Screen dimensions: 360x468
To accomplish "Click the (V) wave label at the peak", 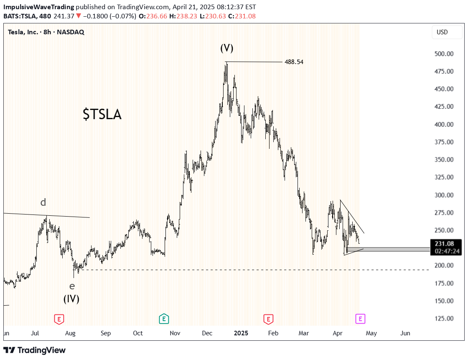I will [227, 48].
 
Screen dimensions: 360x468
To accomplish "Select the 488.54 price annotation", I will [294, 62].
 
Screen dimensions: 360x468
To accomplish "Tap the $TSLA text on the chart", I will [102, 114].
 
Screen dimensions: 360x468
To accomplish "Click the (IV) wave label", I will [71, 299].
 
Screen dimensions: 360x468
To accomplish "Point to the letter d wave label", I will [43, 203].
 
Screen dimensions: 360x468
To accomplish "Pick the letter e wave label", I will [72, 286].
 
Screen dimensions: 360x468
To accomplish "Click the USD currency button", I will [442, 32].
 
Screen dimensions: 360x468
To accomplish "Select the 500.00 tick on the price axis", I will [444, 54].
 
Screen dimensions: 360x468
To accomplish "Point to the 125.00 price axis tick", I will [444, 319].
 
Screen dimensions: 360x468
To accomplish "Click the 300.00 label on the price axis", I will [444, 195].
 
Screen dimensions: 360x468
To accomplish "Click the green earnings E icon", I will [164, 319].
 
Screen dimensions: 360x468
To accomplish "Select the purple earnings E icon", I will [360, 319].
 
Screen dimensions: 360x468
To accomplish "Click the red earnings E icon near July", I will [59, 319].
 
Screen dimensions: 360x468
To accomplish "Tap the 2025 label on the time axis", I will [241, 333].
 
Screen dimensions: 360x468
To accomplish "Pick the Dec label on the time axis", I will [207, 333].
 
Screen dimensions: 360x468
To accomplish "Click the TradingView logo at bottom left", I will [34, 350].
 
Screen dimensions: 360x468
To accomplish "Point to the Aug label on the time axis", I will [70, 333].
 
